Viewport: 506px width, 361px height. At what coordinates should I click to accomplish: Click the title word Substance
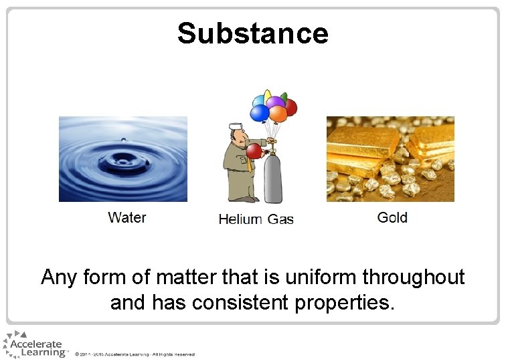[x=253, y=33]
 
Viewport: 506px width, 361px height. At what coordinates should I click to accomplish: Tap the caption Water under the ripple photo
[x=126, y=217]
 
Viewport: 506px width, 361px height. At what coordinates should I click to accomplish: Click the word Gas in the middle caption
[x=280, y=219]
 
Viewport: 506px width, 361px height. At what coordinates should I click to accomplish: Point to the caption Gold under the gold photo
[x=392, y=217]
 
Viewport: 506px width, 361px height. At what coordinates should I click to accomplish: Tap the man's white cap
[x=236, y=125]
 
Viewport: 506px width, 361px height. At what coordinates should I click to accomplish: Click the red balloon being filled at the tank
[x=254, y=152]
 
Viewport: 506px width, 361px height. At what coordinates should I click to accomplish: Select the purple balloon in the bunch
[x=275, y=104]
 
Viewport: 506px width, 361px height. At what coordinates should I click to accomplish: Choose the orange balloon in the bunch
[x=278, y=114]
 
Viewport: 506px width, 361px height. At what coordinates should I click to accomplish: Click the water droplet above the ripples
[x=122, y=140]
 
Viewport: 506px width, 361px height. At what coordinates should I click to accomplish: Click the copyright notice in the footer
[x=135, y=354]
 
